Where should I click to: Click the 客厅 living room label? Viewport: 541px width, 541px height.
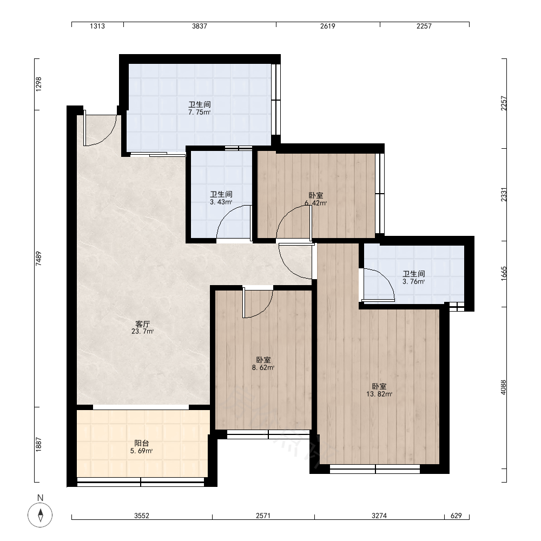pyautogui.click(x=142, y=324)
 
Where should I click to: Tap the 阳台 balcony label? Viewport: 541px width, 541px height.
pyautogui.click(x=141, y=444)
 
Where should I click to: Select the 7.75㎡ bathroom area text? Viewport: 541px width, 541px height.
pyautogui.click(x=200, y=112)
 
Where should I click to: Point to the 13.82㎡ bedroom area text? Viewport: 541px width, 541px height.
pyautogui.click(x=379, y=394)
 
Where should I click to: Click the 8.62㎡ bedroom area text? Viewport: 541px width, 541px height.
pyautogui.click(x=263, y=367)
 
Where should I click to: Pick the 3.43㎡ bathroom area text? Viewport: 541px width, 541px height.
pyautogui.click(x=221, y=202)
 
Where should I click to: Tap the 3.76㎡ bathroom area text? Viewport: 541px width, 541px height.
pyautogui.click(x=414, y=281)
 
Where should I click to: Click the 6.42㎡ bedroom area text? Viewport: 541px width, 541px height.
pyautogui.click(x=316, y=203)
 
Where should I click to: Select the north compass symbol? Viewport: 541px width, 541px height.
pyautogui.click(x=41, y=515)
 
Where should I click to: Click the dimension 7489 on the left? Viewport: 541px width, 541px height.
pyautogui.click(x=38, y=259)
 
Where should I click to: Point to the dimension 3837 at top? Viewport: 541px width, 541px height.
pyautogui.click(x=200, y=26)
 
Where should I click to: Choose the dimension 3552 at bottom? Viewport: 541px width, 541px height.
pyautogui.click(x=142, y=516)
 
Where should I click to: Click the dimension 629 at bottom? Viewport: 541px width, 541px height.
pyautogui.click(x=456, y=516)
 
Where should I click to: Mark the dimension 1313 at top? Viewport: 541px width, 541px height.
pyautogui.click(x=97, y=26)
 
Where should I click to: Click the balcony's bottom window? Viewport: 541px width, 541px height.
pyautogui.click(x=141, y=482)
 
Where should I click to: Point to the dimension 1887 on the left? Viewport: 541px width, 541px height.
pyautogui.click(x=38, y=444)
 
